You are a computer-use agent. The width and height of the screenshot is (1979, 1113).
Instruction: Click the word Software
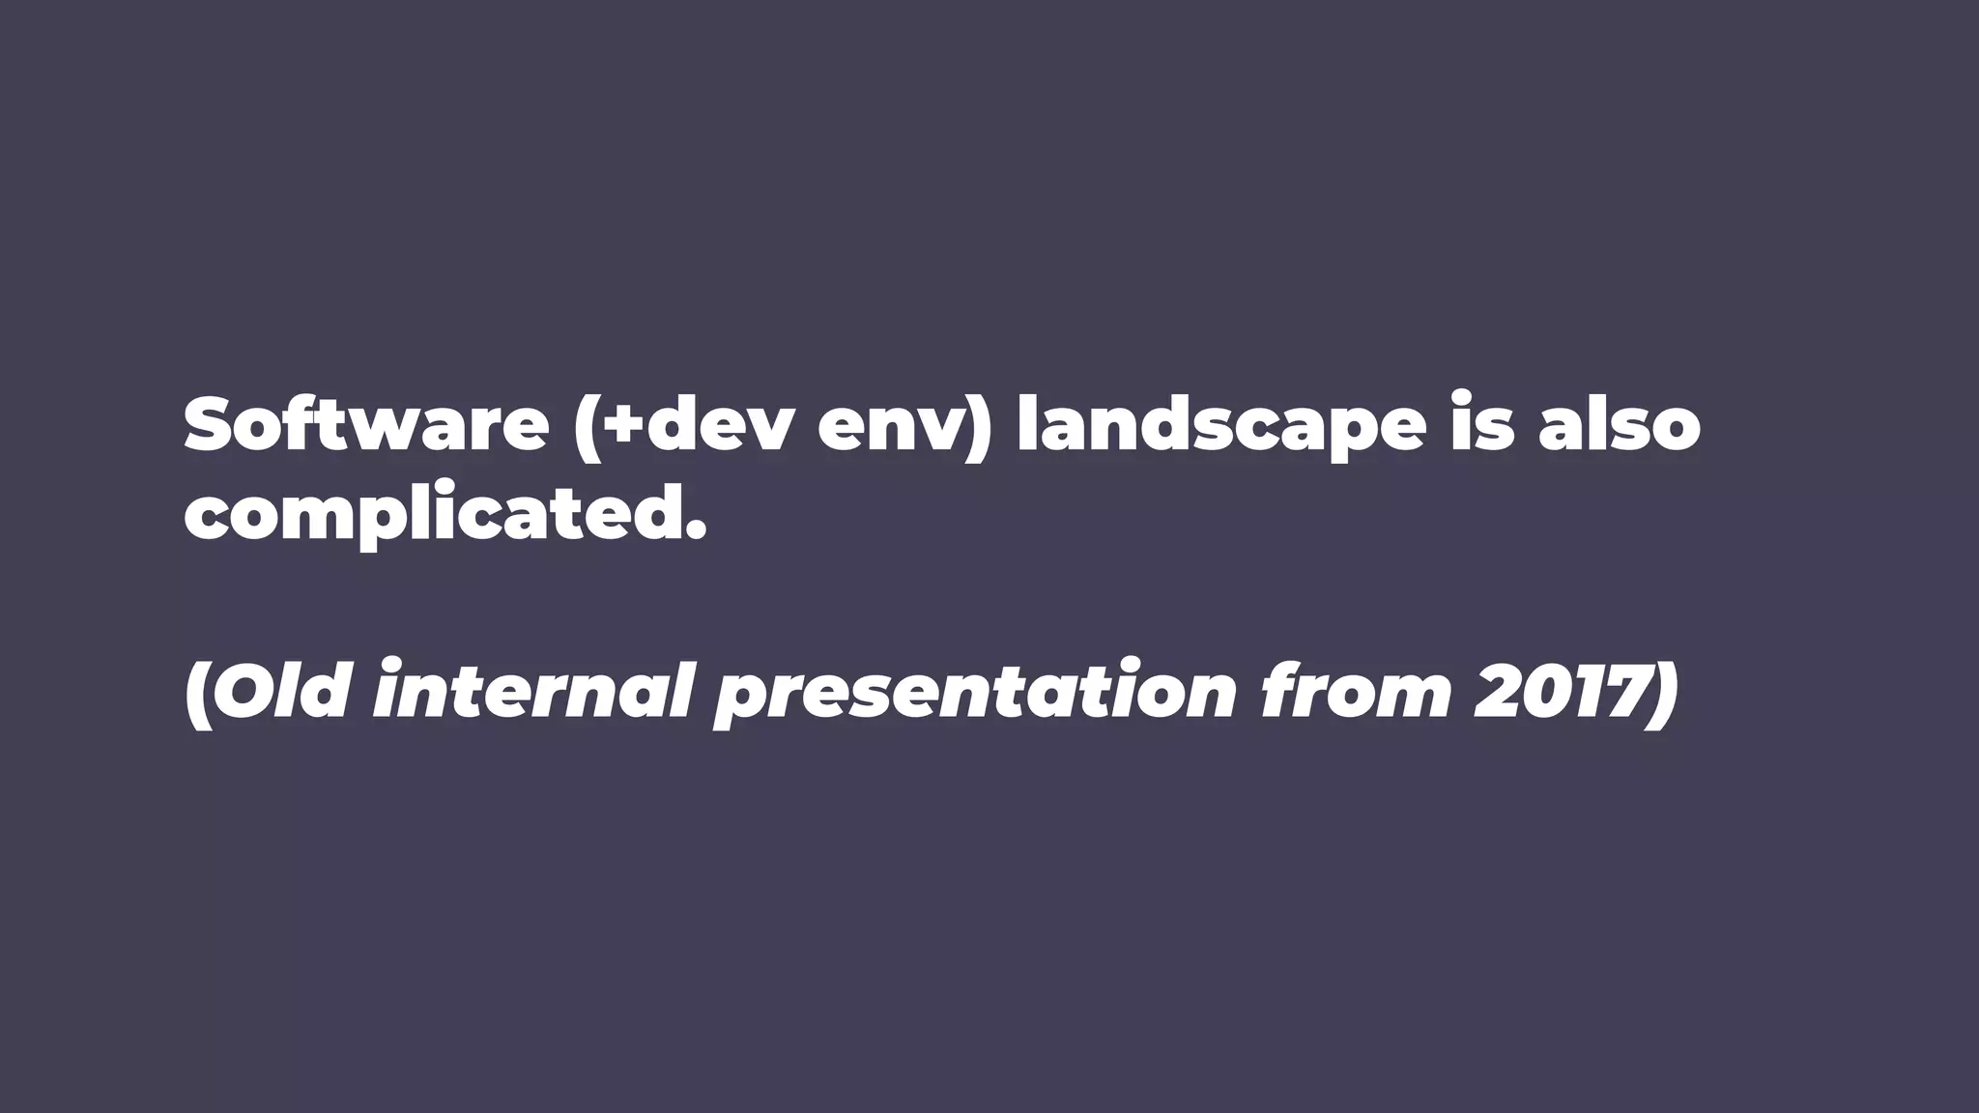click(x=366, y=425)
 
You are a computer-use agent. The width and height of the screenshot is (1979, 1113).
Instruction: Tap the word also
click(x=1620, y=425)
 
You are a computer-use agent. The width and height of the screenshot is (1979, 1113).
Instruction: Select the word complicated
click(x=432, y=516)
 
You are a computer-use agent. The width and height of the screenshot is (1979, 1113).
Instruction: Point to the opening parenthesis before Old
click(x=196, y=694)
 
